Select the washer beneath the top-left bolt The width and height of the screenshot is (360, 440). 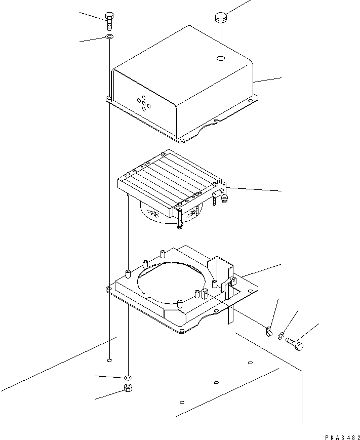tap(109, 37)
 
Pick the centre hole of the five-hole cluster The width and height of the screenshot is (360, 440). tap(144, 104)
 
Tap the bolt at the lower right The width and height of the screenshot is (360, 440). tap(297, 345)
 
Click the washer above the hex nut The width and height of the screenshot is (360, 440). tap(127, 378)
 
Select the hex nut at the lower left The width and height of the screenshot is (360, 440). tap(128, 389)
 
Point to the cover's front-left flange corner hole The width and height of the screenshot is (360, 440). tap(109, 99)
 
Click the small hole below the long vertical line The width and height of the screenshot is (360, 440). tap(110, 361)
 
